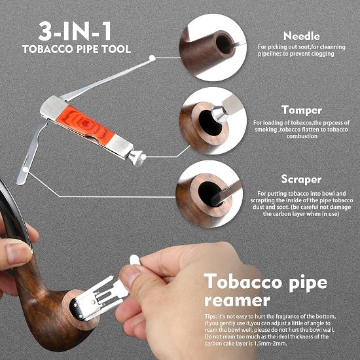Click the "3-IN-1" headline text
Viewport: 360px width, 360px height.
pyautogui.click(x=75, y=31)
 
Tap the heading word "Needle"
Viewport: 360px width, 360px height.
pyautogui.click(x=302, y=36)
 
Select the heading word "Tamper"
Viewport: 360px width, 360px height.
pyautogui.click(x=302, y=110)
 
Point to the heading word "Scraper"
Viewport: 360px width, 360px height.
pyautogui.click(x=301, y=179)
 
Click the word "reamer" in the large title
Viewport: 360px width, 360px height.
pyautogui.click(x=238, y=301)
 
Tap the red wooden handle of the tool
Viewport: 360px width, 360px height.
pyautogui.click(x=85, y=125)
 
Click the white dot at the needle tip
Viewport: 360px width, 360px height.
pyautogui.click(x=152, y=58)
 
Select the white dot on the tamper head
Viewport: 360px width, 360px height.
pyautogui.click(x=143, y=157)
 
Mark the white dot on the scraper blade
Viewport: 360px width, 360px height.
pyautogui.click(x=26, y=170)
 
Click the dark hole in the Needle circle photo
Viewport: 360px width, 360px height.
pyautogui.click(x=224, y=45)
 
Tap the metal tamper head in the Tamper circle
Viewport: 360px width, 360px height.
pyautogui.click(x=219, y=114)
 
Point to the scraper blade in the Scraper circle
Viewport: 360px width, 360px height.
pyautogui.click(x=227, y=193)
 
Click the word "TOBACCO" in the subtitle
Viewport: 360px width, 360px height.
pyautogui.click(x=48, y=49)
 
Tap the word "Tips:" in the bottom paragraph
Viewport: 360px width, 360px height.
pyautogui.click(x=211, y=317)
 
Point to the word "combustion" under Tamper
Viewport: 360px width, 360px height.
pyautogui.click(x=302, y=136)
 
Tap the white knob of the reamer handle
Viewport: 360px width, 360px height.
pyautogui.click(x=135, y=261)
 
